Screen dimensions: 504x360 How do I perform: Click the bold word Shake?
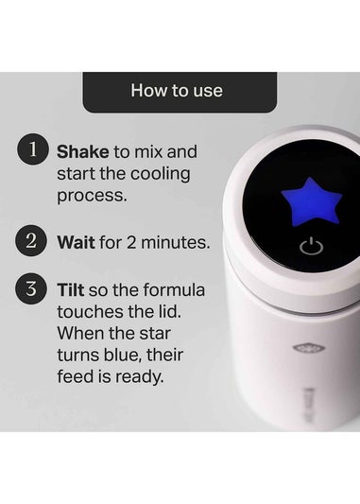click(82, 151)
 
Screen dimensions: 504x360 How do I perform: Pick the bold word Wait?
click(76, 242)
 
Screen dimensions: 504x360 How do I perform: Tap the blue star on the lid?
click(310, 200)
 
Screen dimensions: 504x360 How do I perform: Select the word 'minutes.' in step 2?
click(178, 242)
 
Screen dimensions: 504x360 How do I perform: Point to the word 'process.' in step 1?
click(91, 197)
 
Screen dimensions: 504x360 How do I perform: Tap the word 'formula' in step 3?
click(175, 289)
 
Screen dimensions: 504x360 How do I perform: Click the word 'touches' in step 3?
click(90, 312)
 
